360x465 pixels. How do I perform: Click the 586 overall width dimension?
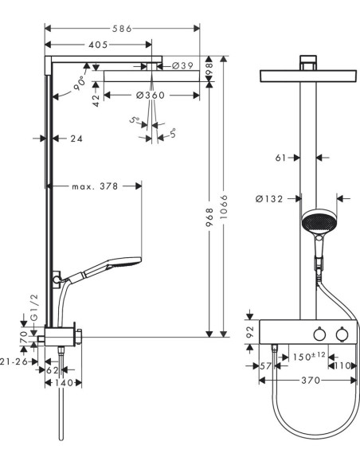122,29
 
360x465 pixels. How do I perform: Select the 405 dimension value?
98,45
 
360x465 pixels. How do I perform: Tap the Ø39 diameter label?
182,65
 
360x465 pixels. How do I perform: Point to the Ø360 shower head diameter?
150,96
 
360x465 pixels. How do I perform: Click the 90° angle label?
80,83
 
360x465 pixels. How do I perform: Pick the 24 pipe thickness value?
76,139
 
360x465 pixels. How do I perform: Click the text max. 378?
95,186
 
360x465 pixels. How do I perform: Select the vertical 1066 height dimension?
224,207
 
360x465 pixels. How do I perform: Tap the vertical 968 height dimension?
209,217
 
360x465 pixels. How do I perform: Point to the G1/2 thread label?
35,307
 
